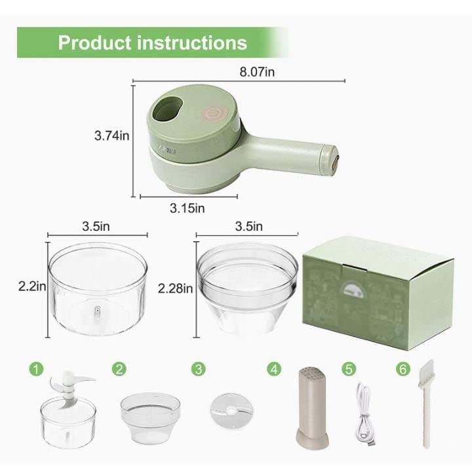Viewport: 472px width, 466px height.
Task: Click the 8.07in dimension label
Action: (x=258, y=72)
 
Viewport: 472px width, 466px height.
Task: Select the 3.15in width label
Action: (x=187, y=208)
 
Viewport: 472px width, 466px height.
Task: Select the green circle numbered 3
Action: (x=199, y=368)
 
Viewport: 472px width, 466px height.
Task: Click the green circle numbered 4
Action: (x=275, y=368)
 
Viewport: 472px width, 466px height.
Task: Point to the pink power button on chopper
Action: (x=211, y=111)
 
